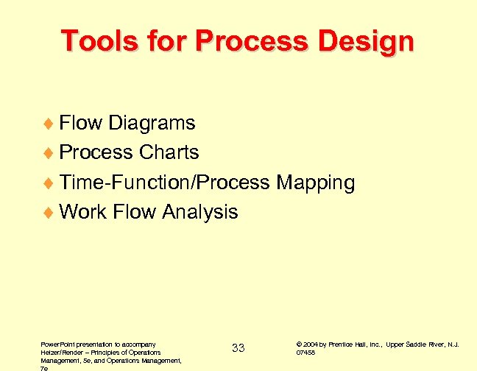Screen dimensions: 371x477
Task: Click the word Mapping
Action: click(x=315, y=183)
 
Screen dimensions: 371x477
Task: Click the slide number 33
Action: click(x=238, y=348)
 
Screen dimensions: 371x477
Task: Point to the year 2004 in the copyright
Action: click(x=310, y=344)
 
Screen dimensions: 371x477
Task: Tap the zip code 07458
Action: click(x=305, y=353)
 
